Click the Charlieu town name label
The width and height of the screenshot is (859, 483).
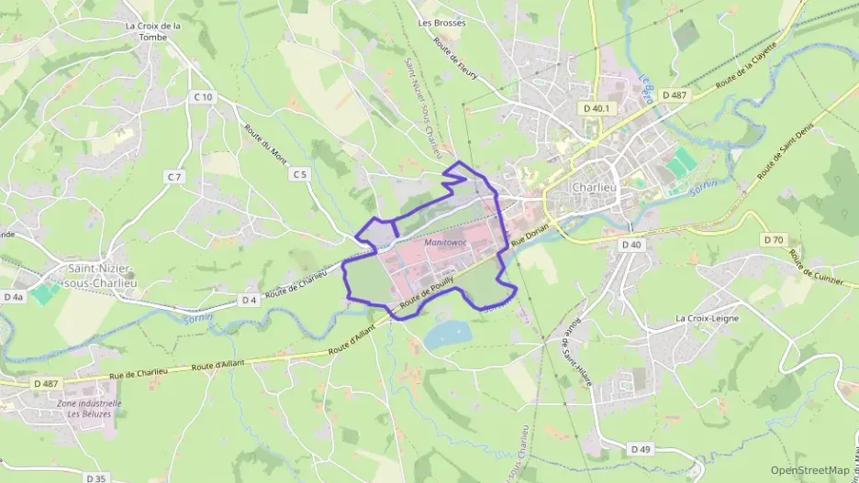(595, 188)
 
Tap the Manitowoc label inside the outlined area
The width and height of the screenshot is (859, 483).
(447, 242)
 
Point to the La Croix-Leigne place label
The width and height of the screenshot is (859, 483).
(708, 318)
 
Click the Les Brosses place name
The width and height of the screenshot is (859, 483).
(436, 22)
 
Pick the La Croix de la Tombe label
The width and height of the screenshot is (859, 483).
(153, 31)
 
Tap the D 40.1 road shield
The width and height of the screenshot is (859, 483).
(597, 108)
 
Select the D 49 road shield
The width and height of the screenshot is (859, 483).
(641, 449)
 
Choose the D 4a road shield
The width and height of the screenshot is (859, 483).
(14, 297)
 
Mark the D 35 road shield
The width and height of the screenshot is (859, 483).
(96, 478)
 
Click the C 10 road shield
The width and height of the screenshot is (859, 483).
(203, 97)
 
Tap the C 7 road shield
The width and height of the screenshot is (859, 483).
(173, 176)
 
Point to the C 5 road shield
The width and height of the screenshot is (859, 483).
(299, 174)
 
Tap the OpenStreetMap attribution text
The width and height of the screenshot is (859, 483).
(809, 470)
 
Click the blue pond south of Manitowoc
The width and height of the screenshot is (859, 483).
(448, 335)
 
